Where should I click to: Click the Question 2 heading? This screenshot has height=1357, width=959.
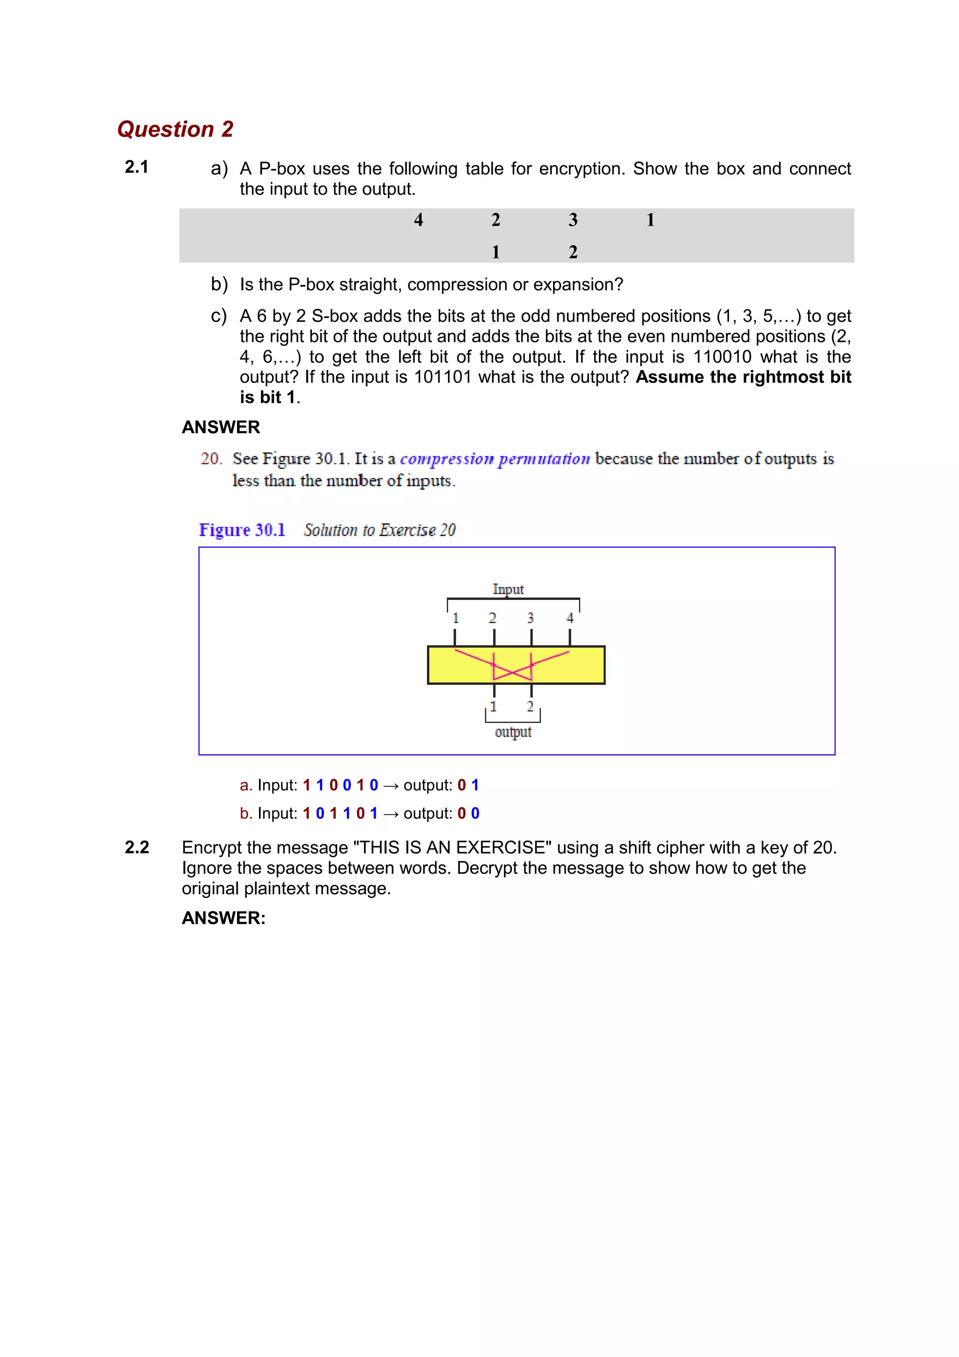[175, 129]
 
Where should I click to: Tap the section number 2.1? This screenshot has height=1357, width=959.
[136, 167]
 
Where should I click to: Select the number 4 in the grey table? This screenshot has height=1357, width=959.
[418, 220]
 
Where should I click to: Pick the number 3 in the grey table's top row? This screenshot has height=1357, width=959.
[573, 220]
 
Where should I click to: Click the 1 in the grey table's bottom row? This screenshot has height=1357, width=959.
[496, 252]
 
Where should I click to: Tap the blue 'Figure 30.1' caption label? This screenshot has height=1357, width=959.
[242, 530]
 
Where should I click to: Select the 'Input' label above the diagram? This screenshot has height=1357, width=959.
[508, 589]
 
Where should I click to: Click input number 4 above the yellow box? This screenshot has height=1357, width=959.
[569, 618]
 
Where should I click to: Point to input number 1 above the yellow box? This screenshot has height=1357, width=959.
[456, 618]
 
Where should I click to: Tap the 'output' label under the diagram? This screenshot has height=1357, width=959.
[513, 732]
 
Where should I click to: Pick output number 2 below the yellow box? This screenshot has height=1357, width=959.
[530, 706]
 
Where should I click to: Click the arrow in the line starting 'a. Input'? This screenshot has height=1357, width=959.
[391, 785]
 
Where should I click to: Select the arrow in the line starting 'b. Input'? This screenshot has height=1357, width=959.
[391, 814]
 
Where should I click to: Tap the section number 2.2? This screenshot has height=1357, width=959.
[136, 848]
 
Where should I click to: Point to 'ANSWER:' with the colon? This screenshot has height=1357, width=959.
[223, 918]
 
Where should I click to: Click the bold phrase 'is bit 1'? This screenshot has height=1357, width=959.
[267, 397]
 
